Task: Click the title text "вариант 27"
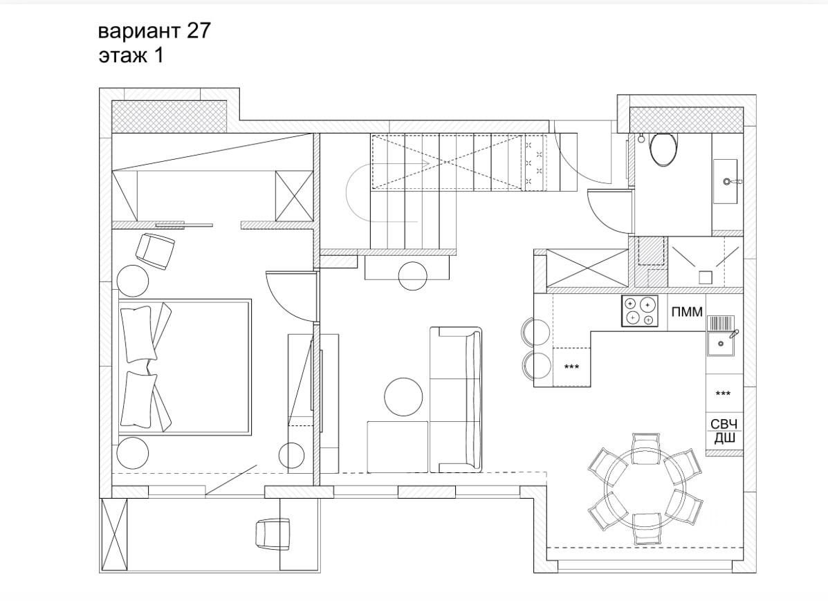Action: pos(154,31)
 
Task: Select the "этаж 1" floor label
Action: pos(131,55)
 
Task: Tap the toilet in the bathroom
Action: pos(665,149)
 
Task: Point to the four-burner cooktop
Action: pos(639,311)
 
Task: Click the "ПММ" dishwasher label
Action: pos(687,312)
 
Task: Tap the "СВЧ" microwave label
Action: pos(724,423)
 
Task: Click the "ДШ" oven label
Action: pos(724,438)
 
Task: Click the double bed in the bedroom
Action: pos(184,367)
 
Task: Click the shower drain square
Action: pos(705,277)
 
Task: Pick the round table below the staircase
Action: pos(413,276)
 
